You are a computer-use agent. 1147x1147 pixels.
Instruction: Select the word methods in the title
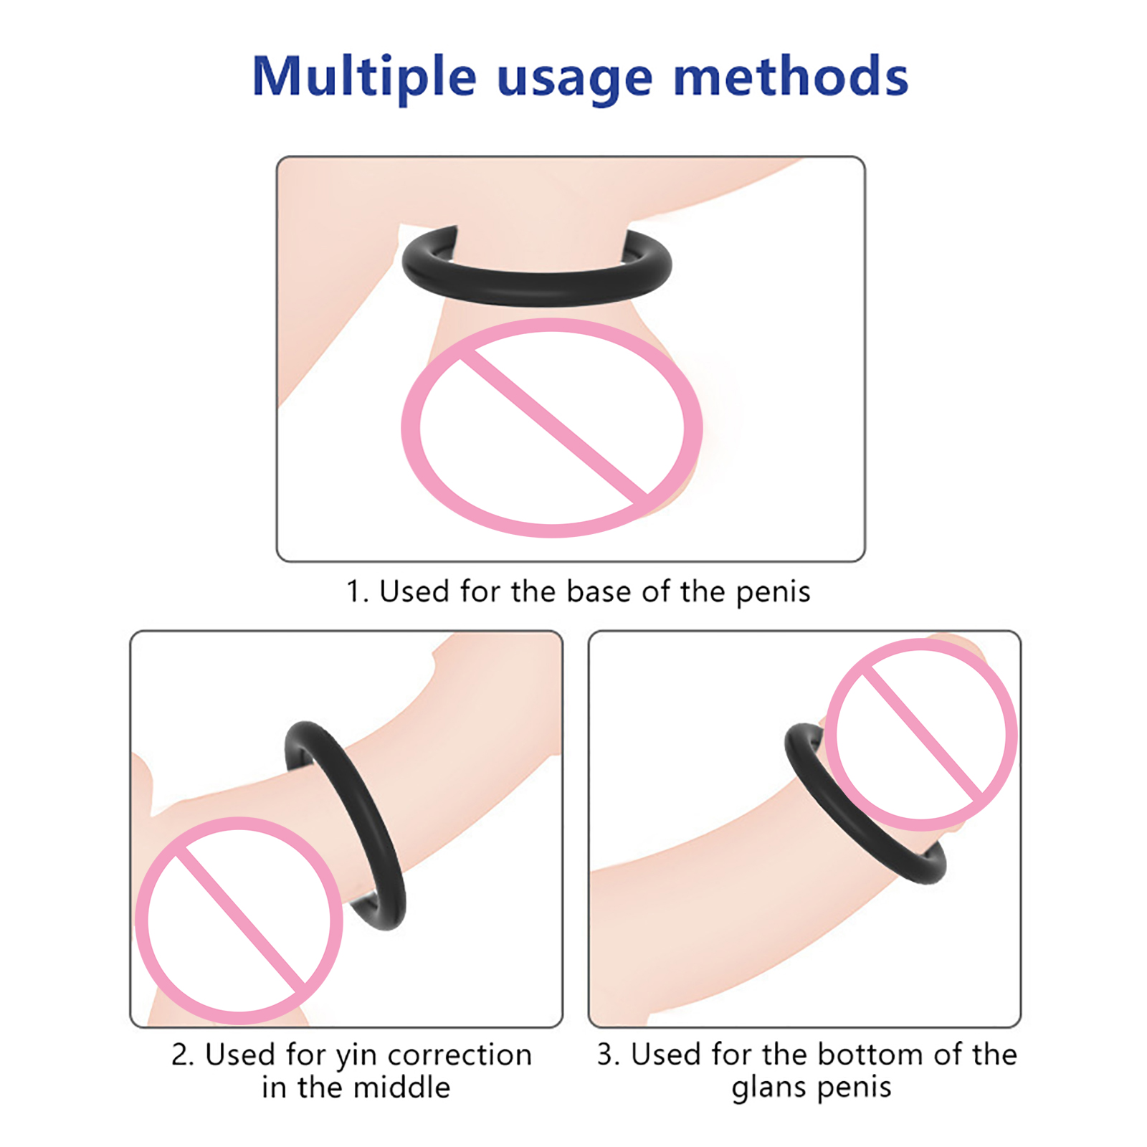[x=791, y=75]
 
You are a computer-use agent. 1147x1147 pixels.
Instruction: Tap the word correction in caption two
[x=460, y=1055]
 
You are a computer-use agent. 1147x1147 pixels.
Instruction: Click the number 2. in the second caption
[x=183, y=1055]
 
